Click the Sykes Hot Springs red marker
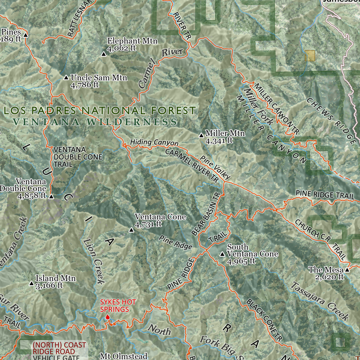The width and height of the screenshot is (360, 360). point(107,318)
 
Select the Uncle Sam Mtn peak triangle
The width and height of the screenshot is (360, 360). point(66,78)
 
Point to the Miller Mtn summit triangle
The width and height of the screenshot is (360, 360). point(201,136)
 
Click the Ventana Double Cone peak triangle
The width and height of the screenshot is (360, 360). point(51,196)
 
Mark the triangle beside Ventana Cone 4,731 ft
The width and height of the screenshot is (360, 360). point(131,230)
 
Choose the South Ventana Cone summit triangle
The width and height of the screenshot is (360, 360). point(222,254)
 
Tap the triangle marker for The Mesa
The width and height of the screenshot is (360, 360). point(347,270)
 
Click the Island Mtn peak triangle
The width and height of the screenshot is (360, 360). point(32,284)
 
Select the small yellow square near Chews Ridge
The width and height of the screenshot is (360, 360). point(310,56)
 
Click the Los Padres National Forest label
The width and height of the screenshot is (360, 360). point(100,111)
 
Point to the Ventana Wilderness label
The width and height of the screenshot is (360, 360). point(95,122)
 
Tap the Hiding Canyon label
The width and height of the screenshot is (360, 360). point(154,142)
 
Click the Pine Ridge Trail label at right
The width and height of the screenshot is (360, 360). point(325,195)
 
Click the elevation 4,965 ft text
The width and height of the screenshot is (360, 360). point(241,262)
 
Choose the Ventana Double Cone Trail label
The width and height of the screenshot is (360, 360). point(78,156)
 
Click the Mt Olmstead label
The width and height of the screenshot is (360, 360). point(124,356)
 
